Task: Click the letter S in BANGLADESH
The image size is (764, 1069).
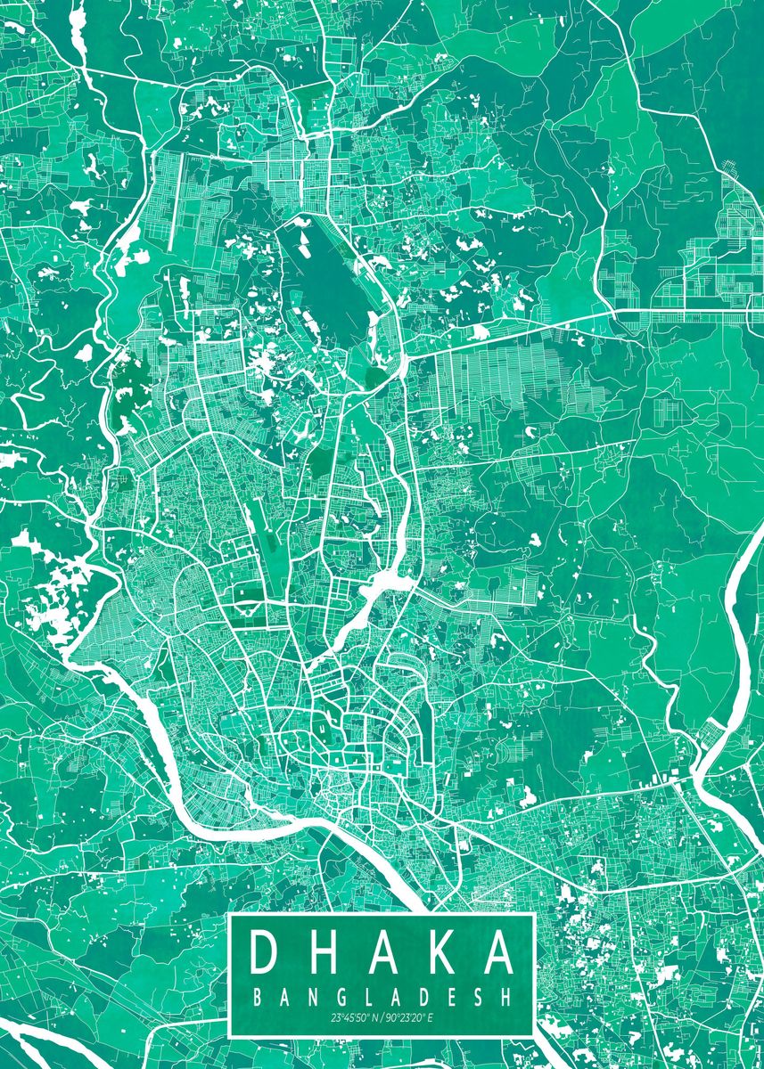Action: coord(479,998)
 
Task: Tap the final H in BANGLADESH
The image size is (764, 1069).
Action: coord(507,998)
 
